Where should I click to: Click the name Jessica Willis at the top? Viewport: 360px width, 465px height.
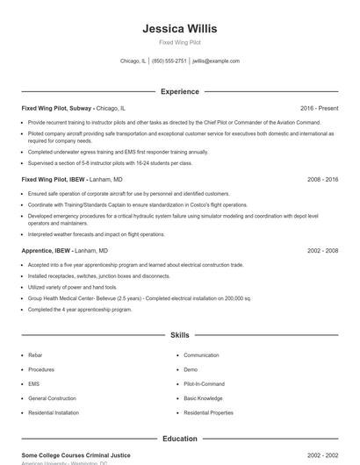pyautogui.click(x=179, y=29)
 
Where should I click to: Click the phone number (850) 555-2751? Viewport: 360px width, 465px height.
pyautogui.click(x=169, y=61)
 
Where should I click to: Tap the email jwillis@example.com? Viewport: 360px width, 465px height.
pyautogui.click(x=216, y=61)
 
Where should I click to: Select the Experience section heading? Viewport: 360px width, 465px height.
pyautogui.click(x=179, y=91)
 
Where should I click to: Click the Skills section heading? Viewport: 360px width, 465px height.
pyautogui.click(x=179, y=335)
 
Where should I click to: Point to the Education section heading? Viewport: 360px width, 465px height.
pyautogui.click(x=179, y=438)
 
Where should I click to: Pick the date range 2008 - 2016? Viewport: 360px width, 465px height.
pyautogui.click(x=322, y=179)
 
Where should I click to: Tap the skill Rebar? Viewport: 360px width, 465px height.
pyautogui.click(x=35, y=355)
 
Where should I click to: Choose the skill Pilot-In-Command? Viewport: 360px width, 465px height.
pyautogui.click(x=204, y=383)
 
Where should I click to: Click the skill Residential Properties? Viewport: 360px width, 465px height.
pyautogui.click(x=208, y=411)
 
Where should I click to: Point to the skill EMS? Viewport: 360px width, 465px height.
pyautogui.click(x=34, y=383)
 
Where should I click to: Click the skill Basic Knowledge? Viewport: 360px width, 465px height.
pyautogui.click(x=203, y=397)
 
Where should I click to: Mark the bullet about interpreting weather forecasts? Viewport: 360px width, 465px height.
pyautogui.click(x=96, y=234)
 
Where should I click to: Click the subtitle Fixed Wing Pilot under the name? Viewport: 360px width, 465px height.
pyautogui.click(x=179, y=43)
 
